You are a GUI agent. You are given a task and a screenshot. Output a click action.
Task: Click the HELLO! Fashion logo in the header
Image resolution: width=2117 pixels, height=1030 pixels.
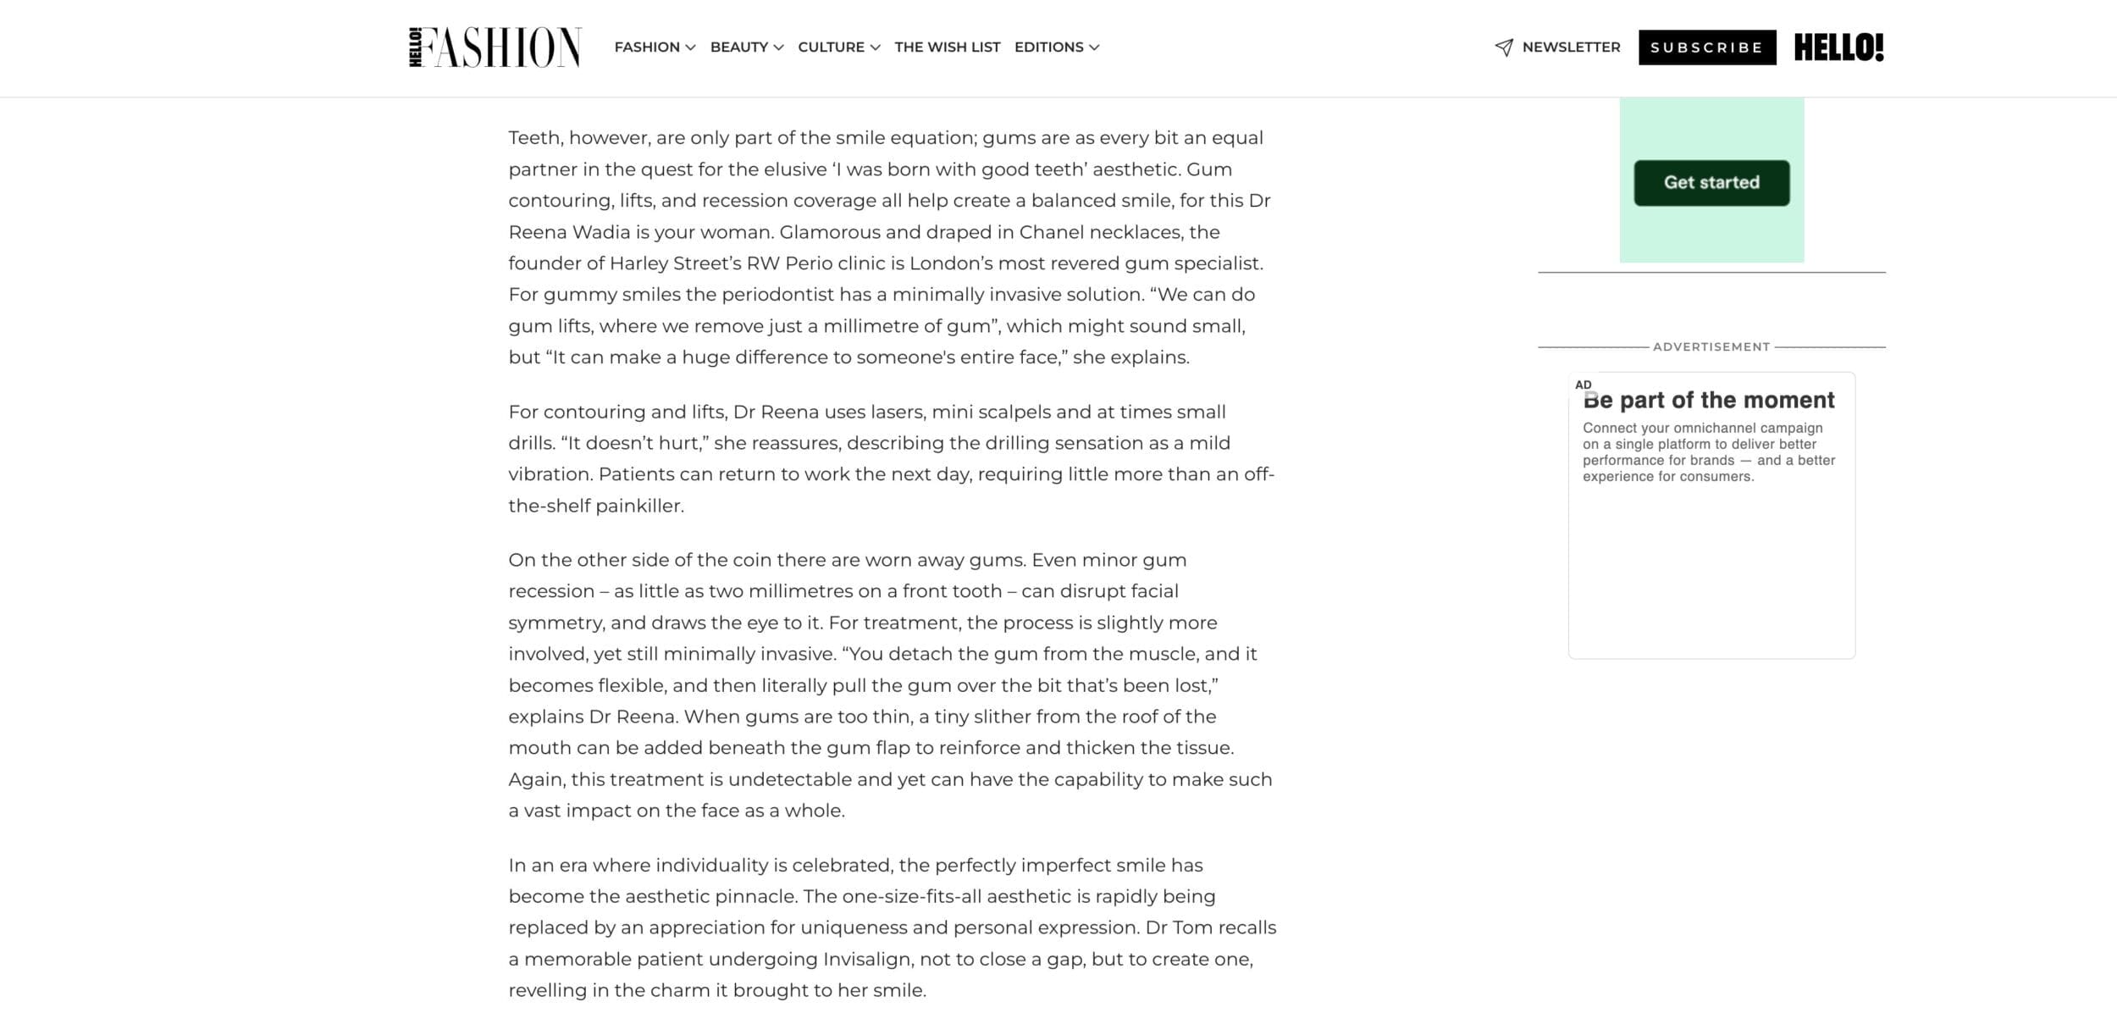(x=495, y=47)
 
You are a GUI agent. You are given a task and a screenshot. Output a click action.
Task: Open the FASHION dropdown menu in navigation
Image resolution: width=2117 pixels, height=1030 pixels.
(x=654, y=47)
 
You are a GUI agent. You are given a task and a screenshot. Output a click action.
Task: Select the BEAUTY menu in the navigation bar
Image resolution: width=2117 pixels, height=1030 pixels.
(x=746, y=47)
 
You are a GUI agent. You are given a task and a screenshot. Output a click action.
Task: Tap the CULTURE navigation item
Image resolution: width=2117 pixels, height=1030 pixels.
(x=838, y=47)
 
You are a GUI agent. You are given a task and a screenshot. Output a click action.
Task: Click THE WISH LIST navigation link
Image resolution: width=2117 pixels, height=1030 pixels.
(x=947, y=47)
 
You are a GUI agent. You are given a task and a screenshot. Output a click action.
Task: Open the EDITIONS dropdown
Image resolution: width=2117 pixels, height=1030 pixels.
(x=1056, y=47)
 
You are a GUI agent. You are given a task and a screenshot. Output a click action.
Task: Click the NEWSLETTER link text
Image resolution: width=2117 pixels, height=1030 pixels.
(x=1571, y=47)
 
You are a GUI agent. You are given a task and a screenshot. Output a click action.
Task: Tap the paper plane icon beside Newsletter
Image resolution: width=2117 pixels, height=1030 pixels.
(x=1504, y=47)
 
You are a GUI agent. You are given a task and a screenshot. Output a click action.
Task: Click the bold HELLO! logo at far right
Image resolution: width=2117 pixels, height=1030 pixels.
(x=1838, y=47)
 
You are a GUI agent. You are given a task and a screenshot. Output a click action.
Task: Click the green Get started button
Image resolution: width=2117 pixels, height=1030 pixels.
(x=1711, y=183)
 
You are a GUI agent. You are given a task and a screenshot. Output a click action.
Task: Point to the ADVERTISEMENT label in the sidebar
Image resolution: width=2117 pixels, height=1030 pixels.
(x=1711, y=346)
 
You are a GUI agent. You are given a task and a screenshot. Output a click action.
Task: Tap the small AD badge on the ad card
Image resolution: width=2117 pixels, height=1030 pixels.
(x=1583, y=385)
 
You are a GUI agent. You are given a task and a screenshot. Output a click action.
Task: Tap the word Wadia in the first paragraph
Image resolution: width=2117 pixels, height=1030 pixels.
(x=601, y=232)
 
